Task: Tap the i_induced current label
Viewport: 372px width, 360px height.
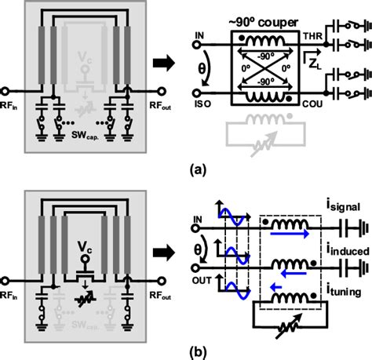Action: [x=343, y=249]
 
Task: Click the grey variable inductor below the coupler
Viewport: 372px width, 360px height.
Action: [x=263, y=136]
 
